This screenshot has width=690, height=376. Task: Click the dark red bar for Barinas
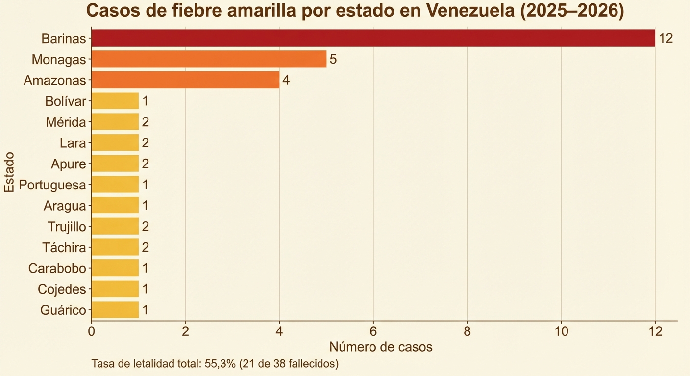click(x=373, y=38)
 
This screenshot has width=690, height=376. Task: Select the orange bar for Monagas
click(x=209, y=59)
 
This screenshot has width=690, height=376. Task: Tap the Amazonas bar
click(x=185, y=80)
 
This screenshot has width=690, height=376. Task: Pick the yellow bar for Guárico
click(x=115, y=310)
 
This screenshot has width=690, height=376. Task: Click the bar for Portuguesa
click(x=115, y=185)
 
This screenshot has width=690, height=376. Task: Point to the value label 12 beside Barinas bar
click(x=665, y=39)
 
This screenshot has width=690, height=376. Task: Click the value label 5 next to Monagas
click(x=333, y=60)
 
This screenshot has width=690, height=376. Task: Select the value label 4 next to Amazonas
click(x=286, y=80)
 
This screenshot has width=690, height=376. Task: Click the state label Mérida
click(x=66, y=122)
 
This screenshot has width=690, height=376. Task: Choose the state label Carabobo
click(x=57, y=268)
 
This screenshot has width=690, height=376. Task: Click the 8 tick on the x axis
click(x=467, y=331)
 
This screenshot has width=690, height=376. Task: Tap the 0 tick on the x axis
click(x=92, y=331)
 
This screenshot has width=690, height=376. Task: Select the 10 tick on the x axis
click(x=561, y=331)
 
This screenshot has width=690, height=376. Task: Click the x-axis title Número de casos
click(x=381, y=347)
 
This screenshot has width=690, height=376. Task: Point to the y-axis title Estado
click(x=9, y=172)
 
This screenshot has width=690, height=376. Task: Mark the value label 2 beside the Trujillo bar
click(x=145, y=227)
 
